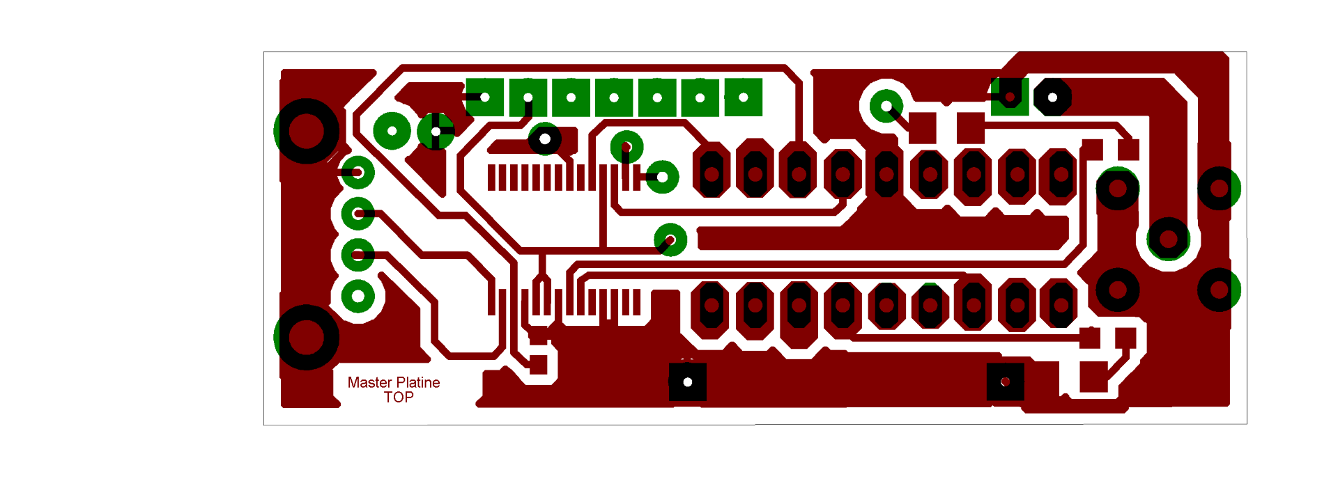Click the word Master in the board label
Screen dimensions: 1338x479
point(369,382)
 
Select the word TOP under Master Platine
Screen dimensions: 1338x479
point(399,397)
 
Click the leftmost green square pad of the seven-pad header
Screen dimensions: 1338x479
point(484,97)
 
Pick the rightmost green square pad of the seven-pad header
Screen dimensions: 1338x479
point(743,97)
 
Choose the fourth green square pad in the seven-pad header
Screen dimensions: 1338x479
point(614,97)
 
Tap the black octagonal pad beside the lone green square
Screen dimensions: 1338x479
point(1052,97)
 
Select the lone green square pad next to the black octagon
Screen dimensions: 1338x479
point(1010,97)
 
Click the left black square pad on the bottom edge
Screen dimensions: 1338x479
point(688,382)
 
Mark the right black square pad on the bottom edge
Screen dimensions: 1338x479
point(1006,382)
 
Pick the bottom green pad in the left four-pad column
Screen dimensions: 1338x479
point(358,296)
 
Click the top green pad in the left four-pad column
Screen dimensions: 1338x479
point(357,172)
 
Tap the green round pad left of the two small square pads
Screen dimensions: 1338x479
point(886,107)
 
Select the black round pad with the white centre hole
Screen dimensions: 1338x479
point(545,139)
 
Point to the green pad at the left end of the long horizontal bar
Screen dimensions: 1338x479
point(670,239)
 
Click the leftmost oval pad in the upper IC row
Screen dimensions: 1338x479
point(712,173)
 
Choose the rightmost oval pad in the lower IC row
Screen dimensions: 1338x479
point(1061,304)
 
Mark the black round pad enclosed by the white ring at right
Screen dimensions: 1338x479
point(1168,239)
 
